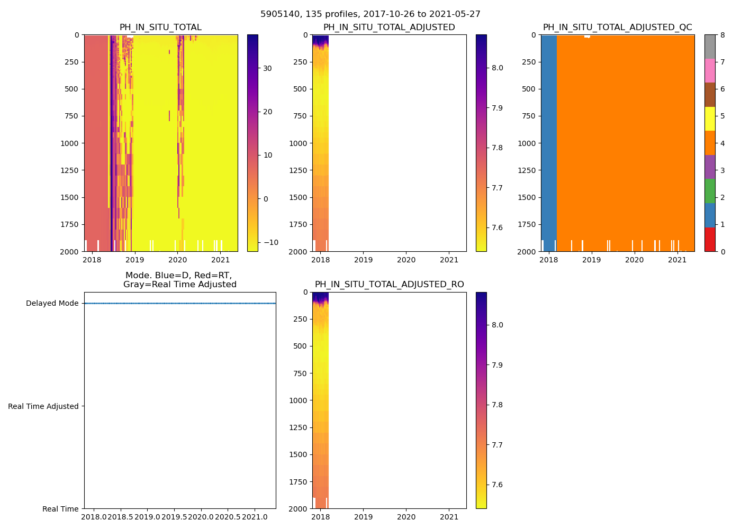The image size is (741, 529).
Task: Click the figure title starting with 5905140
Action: coord(370,14)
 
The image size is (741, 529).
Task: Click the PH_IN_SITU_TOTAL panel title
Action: coord(160,28)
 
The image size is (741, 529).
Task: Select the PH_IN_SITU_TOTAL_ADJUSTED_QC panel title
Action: coord(617,28)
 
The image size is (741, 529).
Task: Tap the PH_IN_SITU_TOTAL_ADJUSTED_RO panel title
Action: coord(389,285)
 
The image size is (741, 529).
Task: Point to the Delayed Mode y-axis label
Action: coord(52,303)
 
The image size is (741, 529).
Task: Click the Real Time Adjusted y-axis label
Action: coord(43,406)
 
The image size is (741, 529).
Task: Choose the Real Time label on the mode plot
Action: coord(60,509)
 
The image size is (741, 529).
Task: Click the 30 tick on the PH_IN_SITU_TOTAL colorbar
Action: coord(267,68)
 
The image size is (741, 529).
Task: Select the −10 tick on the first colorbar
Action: coord(270,242)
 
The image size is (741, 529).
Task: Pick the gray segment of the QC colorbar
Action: coord(710,47)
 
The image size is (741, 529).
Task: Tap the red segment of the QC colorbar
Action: coord(710,239)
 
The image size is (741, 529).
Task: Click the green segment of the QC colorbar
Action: coord(710,191)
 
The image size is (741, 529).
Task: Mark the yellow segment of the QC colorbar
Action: coord(710,119)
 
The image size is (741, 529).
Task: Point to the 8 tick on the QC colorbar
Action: coord(722,35)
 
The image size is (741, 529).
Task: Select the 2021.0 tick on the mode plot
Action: coord(255,516)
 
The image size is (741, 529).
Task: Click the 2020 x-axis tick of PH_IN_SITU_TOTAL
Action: coord(177,260)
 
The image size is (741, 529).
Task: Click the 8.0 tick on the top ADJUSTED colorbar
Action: coord(497,68)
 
